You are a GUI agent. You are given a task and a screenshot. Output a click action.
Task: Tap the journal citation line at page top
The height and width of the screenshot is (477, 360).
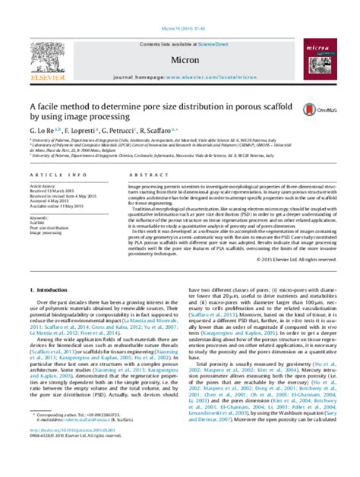(179, 7)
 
